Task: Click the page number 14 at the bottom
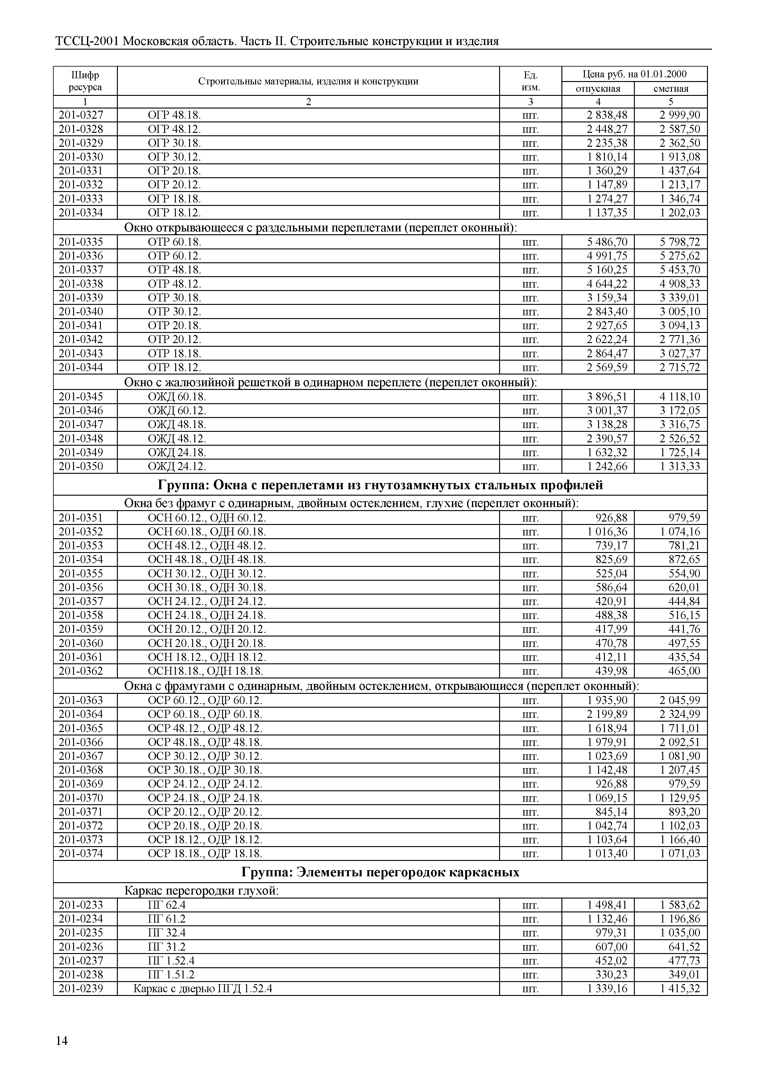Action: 62,1041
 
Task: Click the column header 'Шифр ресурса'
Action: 85,81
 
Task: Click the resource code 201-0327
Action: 81,115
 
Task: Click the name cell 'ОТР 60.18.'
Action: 174,242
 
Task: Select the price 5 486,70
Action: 607,242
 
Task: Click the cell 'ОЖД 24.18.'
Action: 177,452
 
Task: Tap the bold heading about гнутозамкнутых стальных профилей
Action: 380,485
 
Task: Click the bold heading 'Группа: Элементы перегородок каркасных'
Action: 380,872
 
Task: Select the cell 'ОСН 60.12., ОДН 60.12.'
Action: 207,518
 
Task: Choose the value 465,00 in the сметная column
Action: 684,671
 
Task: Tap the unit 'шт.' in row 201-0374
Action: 531,854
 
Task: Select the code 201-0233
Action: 81,905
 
